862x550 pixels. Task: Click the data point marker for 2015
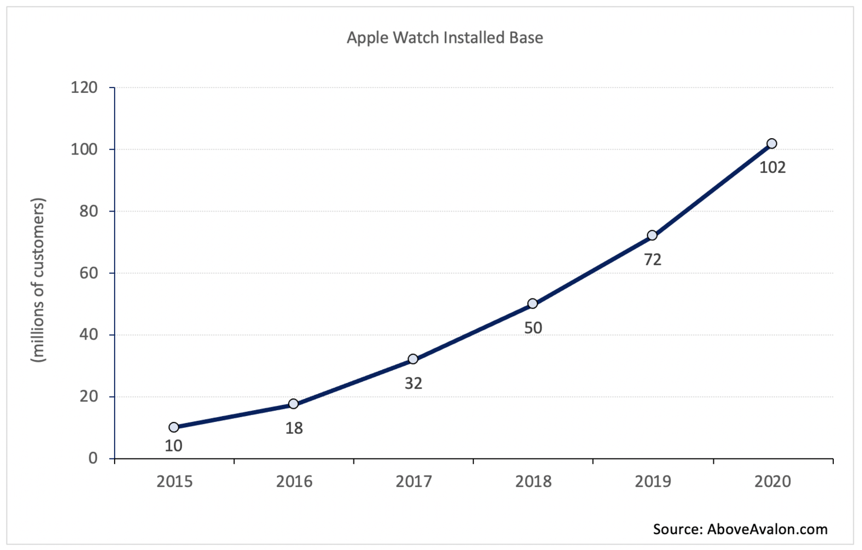173,427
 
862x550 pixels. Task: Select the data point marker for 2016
293,404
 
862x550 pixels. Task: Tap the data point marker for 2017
413,359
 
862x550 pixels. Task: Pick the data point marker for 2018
532,304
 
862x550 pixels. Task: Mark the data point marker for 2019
652,235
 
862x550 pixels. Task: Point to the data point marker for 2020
772,143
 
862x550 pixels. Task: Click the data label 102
772,167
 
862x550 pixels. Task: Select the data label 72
653,260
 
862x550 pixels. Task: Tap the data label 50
533,328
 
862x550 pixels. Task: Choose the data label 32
413,384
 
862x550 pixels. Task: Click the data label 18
294,428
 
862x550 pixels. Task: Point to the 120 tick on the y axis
84,88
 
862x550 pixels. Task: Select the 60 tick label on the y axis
88,273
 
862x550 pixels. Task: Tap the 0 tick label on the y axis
93,458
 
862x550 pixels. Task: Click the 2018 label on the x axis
533,482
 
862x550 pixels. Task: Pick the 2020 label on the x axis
773,482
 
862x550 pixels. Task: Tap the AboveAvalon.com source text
767,529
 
